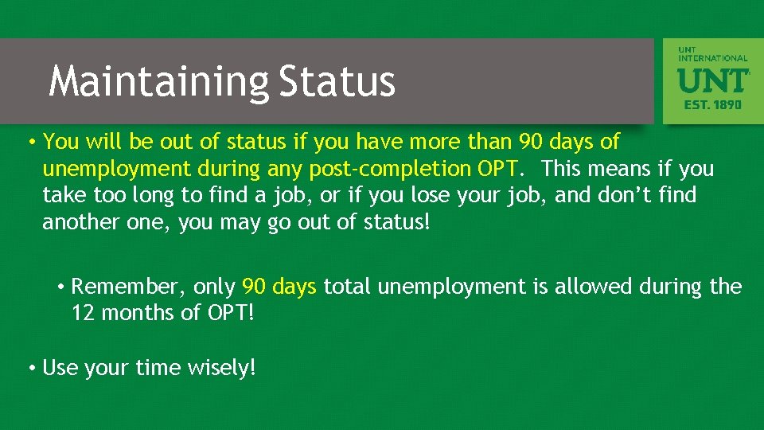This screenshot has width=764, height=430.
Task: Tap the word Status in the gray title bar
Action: point(337,81)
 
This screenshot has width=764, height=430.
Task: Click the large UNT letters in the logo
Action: point(711,80)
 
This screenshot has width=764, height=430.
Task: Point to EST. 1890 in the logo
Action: point(712,104)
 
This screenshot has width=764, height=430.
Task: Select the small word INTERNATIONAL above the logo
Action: point(713,58)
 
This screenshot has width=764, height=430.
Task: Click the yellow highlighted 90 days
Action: point(279,287)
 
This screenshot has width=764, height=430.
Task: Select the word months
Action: point(138,313)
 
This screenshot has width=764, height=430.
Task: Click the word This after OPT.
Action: point(563,169)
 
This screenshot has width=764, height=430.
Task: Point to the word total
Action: point(348,287)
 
